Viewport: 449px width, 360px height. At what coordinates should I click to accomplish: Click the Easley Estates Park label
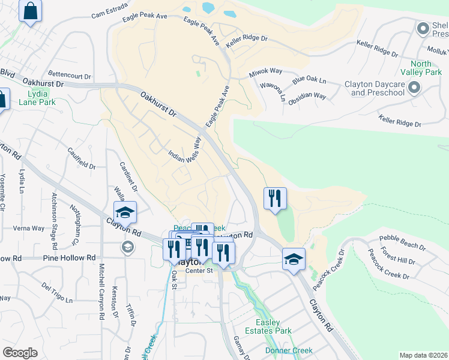pos(269,326)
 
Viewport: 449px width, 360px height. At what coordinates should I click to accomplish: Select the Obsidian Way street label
pos(307,96)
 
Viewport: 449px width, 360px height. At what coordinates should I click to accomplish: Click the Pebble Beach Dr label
pos(403,247)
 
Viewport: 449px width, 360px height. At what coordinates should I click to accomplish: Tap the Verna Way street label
pos(30,229)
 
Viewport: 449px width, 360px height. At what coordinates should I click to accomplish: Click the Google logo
pos(20,353)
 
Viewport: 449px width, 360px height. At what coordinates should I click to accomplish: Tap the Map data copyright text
pos(423,355)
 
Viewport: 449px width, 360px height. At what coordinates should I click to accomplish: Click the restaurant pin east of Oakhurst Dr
pos(275,199)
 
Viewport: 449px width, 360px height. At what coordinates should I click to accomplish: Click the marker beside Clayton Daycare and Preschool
pos(414,89)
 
